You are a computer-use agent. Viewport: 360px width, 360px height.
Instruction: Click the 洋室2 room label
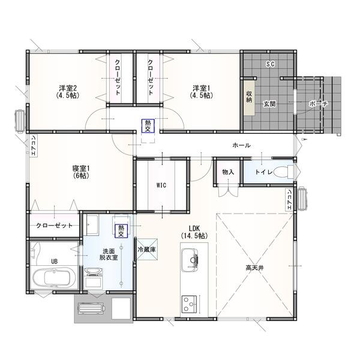(67, 91)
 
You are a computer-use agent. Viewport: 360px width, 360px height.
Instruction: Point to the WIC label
(161, 185)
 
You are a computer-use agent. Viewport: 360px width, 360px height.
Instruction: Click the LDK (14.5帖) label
(193, 232)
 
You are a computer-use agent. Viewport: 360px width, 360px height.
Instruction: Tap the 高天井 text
(255, 268)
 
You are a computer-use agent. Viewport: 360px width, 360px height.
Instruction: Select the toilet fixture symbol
(286, 172)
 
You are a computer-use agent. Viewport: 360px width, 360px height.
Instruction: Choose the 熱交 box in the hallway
(148, 125)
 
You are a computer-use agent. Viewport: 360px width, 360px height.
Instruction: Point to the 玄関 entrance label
(269, 104)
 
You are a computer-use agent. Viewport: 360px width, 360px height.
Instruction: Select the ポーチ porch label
(318, 104)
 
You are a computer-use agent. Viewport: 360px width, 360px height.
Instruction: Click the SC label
(270, 64)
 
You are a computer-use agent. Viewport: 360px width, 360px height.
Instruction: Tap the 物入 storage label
(228, 172)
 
